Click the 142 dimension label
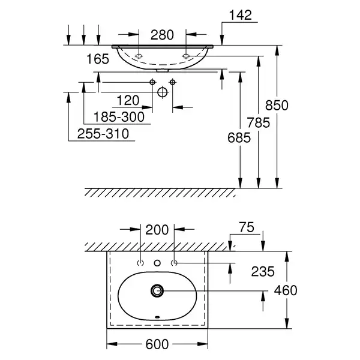(x=241, y=15)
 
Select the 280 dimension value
(x=162, y=35)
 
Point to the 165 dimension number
(x=98, y=59)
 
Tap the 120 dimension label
(x=128, y=100)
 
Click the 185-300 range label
(x=119, y=117)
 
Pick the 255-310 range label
(x=103, y=134)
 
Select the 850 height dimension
(x=277, y=106)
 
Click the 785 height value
(x=258, y=122)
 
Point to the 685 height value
(x=239, y=138)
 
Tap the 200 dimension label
(x=157, y=230)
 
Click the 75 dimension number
(x=247, y=227)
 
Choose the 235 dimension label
(x=263, y=271)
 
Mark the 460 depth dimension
(x=286, y=290)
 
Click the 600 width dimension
(x=157, y=344)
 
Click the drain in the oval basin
(x=157, y=290)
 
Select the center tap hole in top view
(x=157, y=263)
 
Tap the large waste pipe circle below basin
(x=163, y=92)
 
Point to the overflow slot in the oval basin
(x=157, y=317)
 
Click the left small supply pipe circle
(x=152, y=82)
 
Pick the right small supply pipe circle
(x=173, y=82)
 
